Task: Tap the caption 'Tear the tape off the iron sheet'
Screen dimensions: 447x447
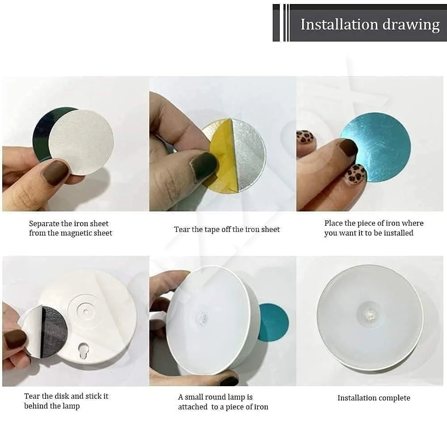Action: [x=227, y=229]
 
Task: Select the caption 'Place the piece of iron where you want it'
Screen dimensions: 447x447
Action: [x=374, y=228]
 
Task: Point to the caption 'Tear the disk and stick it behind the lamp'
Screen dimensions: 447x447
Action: [x=66, y=401]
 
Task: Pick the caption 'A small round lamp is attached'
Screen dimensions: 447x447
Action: [x=223, y=402]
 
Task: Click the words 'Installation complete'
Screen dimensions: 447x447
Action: [x=374, y=398]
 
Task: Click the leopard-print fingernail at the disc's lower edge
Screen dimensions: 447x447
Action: [x=357, y=175]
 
